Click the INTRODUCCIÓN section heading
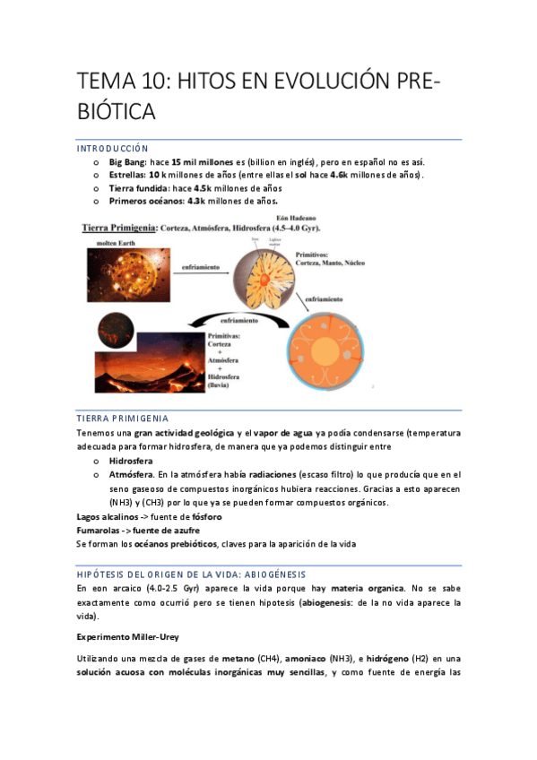(112, 148)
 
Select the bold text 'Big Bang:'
(128, 161)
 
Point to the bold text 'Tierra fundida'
(138, 188)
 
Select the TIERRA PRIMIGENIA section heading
(122, 419)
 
